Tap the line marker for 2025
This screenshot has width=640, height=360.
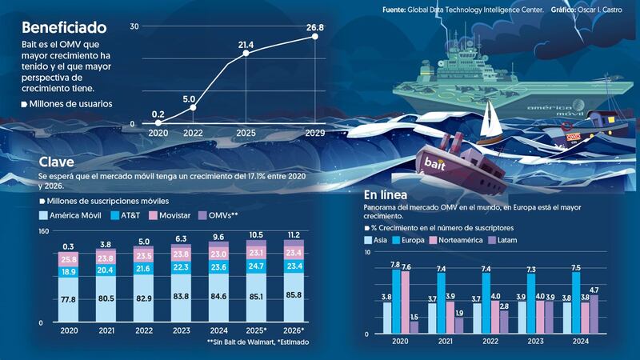pyautogui.click(x=246, y=54)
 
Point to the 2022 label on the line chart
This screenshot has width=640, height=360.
pyautogui.click(x=193, y=133)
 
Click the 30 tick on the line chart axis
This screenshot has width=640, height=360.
pyautogui.click(x=134, y=27)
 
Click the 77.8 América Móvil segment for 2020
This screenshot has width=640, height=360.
pyautogui.click(x=68, y=299)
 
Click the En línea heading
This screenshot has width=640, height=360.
pyautogui.click(x=388, y=196)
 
